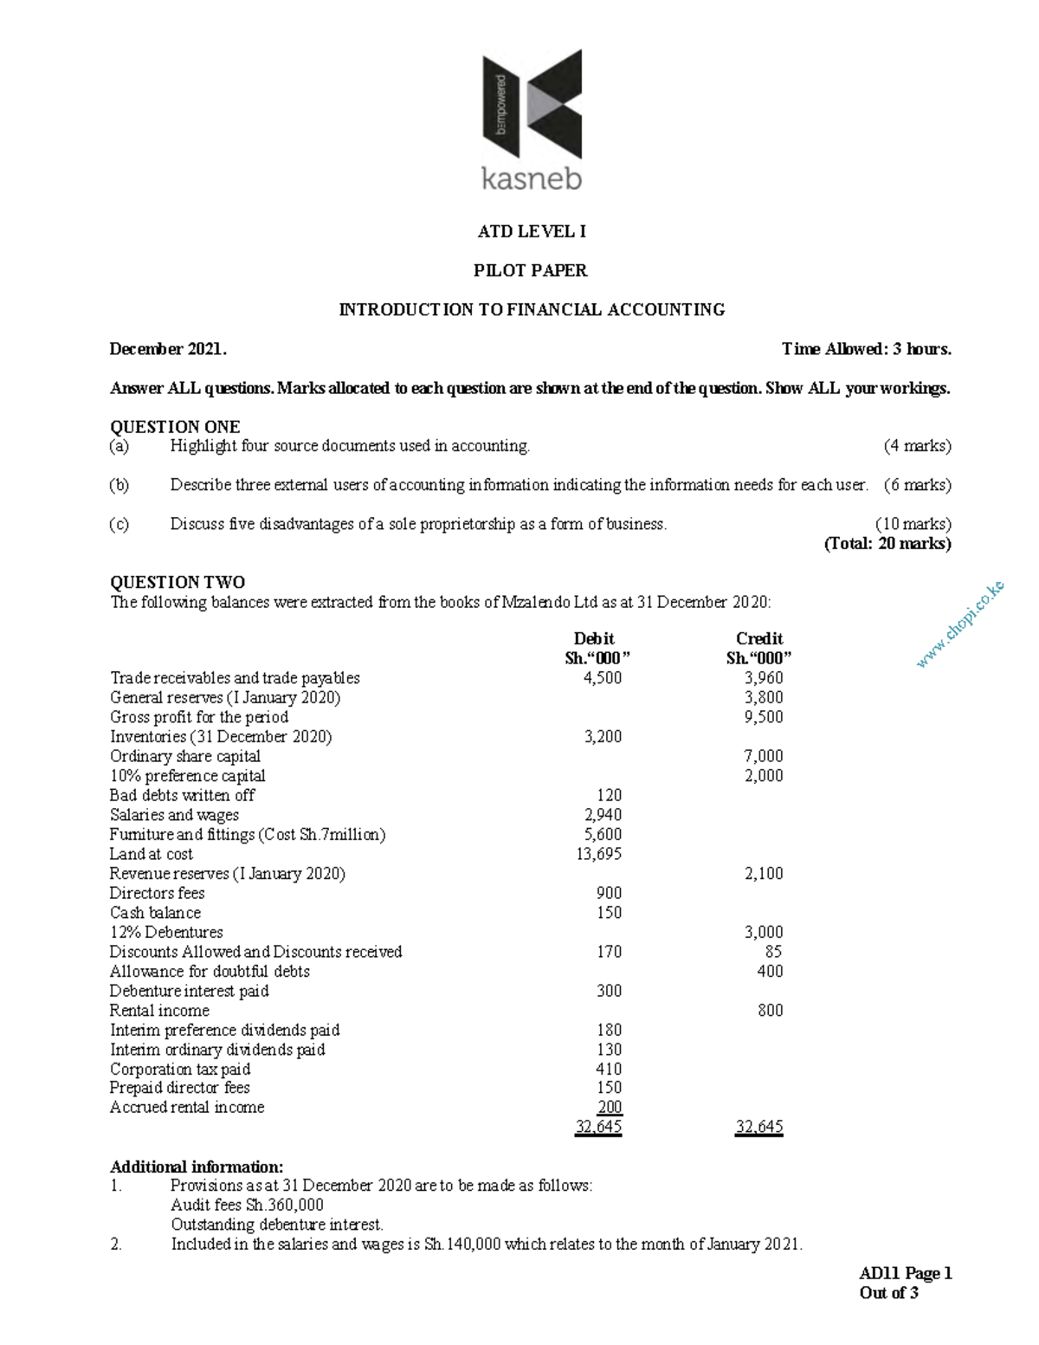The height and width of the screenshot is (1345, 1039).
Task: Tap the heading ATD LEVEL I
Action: click(532, 231)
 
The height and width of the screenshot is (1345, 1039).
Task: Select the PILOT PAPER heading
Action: click(530, 270)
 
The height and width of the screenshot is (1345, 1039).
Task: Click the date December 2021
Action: click(168, 349)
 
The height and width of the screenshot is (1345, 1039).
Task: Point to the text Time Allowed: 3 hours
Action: click(866, 349)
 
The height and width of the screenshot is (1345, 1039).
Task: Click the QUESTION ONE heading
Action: click(175, 426)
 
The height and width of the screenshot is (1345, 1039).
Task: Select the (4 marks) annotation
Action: click(917, 446)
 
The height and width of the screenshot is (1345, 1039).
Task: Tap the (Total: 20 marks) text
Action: click(887, 544)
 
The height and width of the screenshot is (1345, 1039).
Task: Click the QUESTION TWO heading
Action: click(177, 582)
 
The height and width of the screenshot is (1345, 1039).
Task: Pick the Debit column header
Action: click(594, 639)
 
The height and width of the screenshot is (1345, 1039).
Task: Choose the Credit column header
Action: click(759, 639)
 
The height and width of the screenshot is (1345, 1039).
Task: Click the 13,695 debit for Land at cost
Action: click(599, 854)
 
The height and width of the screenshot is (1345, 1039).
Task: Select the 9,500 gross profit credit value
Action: click(764, 717)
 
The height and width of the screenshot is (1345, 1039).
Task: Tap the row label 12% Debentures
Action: click(166, 932)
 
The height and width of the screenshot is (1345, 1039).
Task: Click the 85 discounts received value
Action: click(773, 952)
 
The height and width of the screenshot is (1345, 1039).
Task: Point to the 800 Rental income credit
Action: click(770, 1011)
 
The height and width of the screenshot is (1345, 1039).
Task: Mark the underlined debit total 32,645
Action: click(598, 1127)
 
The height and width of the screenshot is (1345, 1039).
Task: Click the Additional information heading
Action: click(197, 1167)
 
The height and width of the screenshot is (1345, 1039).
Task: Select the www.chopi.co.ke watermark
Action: click(960, 624)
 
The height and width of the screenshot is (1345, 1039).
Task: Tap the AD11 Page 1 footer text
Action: click(905, 1273)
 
